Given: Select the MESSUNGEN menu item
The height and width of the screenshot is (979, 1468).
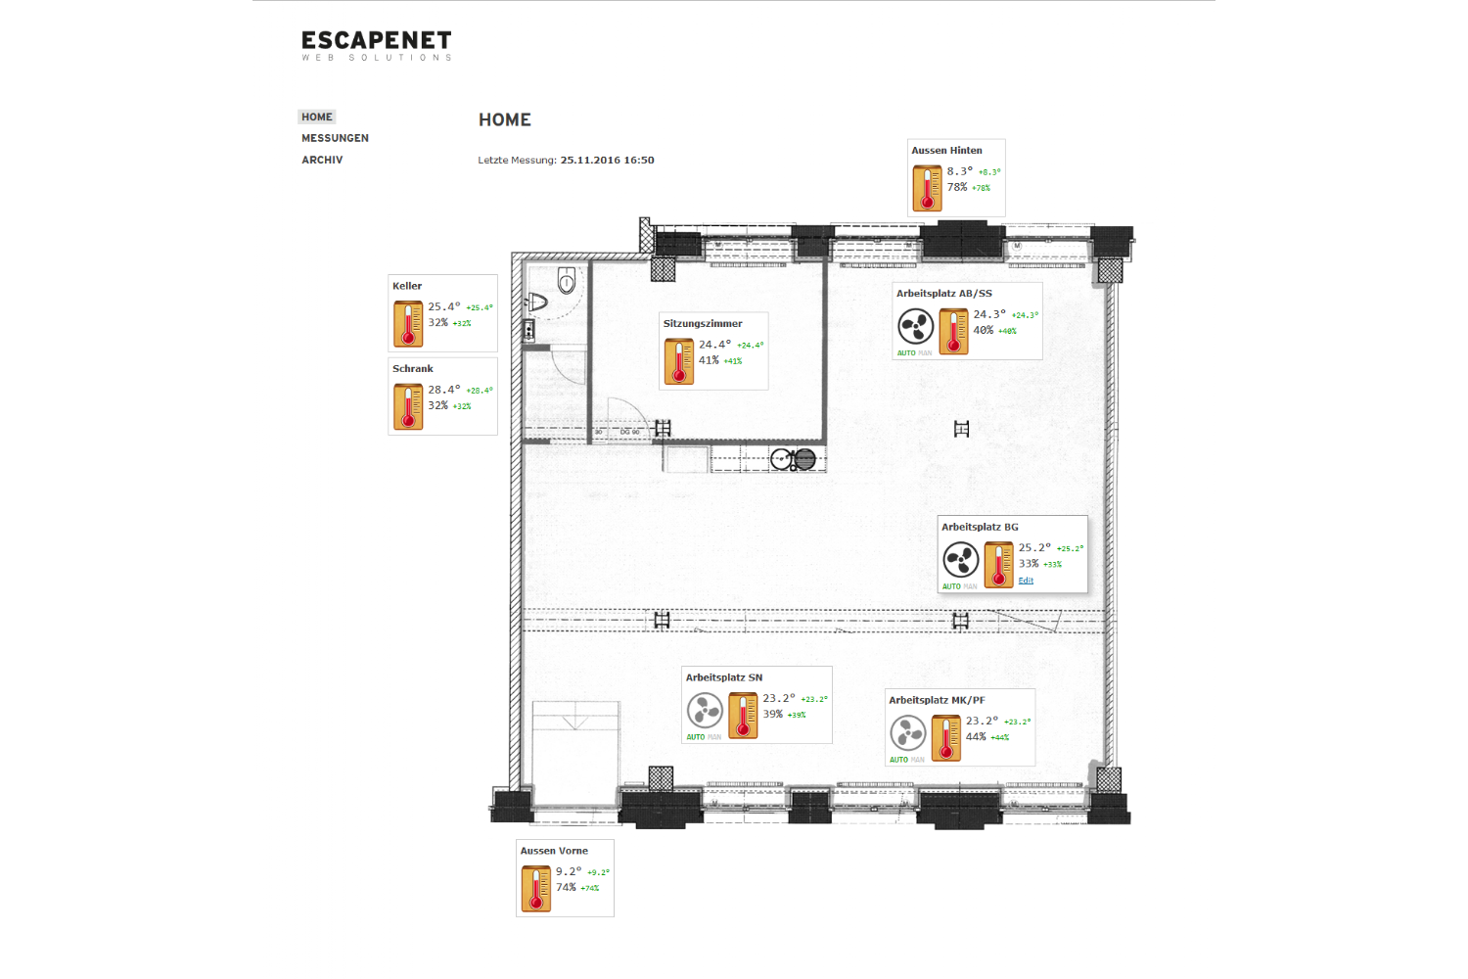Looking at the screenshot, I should click(x=335, y=138).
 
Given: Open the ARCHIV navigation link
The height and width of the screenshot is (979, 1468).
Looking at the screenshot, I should click(x=322, y=160).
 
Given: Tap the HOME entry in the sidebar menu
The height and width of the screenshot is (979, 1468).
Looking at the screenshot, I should click(x=317, y=117).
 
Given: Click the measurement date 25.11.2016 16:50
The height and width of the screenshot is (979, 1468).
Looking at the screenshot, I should click(x=607, y=160).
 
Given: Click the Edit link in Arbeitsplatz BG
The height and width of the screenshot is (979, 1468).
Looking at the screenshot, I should click(x=1026, y=581).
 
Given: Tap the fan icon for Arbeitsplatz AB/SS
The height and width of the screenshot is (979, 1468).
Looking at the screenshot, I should click(x=916, y=327).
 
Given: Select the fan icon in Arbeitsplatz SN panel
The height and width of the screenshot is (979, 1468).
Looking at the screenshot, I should click(x=705, y=711).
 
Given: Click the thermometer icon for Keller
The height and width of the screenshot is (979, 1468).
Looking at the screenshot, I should click(x=408, y=324).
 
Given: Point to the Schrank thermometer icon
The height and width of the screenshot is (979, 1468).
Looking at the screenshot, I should click(x=408, y=406).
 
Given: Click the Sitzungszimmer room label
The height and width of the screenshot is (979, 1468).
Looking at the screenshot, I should click(x=703, y=323).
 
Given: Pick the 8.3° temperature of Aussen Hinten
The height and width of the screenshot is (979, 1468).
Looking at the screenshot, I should click(x=959, y=171).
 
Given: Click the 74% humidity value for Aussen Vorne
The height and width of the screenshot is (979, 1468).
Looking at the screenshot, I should click(x=566, y=887).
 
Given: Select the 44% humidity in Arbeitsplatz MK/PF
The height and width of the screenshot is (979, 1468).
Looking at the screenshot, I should click(x=976, y=736).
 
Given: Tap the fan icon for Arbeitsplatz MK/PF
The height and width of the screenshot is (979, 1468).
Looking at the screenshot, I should click(x=907, y=733).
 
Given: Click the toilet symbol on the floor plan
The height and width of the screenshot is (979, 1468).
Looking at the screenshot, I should click(x=566, y=282).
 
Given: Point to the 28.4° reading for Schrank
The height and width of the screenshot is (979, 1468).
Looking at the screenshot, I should click(x=443, y=390).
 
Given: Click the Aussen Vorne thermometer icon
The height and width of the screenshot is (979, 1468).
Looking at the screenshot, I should click(x=536, y=888).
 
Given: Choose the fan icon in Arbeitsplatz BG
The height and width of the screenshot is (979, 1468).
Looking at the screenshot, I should click(x=961, y=560).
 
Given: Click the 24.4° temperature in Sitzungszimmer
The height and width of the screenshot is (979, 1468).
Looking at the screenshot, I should click(x=714, y=345).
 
